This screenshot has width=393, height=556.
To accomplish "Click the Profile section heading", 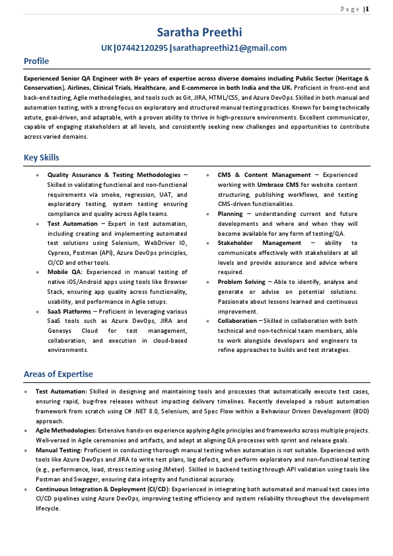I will tap(36, 61).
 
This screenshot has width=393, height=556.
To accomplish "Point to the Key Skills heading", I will tap(42, 158).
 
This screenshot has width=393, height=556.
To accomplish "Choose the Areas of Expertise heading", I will tap(58, 374).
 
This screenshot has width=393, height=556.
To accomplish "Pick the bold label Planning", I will tap(231, 214).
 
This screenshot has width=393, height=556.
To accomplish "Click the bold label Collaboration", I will tap(238, 321).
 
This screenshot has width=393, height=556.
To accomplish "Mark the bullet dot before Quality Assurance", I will tap(38, 175).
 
